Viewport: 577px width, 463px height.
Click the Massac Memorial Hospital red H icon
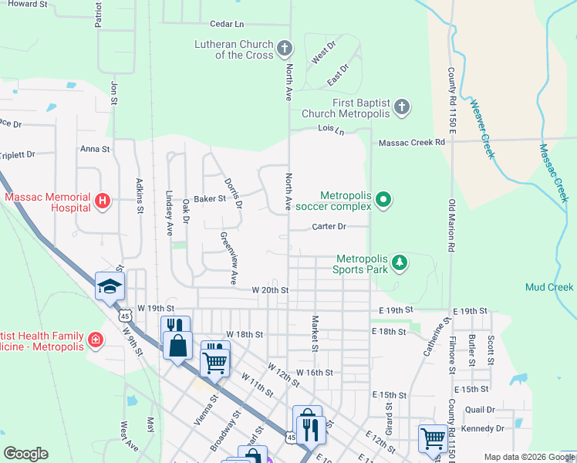(x=102, y=202)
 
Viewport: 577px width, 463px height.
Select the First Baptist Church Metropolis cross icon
(x=401, y=108)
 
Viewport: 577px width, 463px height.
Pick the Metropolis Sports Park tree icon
(x=399, y=264)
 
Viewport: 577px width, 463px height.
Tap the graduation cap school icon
(x=110, y=286)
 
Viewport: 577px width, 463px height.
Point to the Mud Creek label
(x=548, y=287)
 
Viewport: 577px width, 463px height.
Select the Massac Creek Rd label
(x=411, y=143)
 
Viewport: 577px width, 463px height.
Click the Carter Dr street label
(x=329, y=227)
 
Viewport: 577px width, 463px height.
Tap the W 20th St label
(x=270, y=290)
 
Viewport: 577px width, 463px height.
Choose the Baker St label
(x=209, y=198)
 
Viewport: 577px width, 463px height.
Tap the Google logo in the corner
(x=26, y=453)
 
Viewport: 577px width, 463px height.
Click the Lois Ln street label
(x=330, y=131)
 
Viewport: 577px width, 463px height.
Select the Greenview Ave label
(x=228, y=259)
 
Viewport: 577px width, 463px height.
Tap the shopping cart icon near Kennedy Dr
(x=434, y=439)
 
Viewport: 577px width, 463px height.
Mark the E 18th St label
(x=388, y=331)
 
